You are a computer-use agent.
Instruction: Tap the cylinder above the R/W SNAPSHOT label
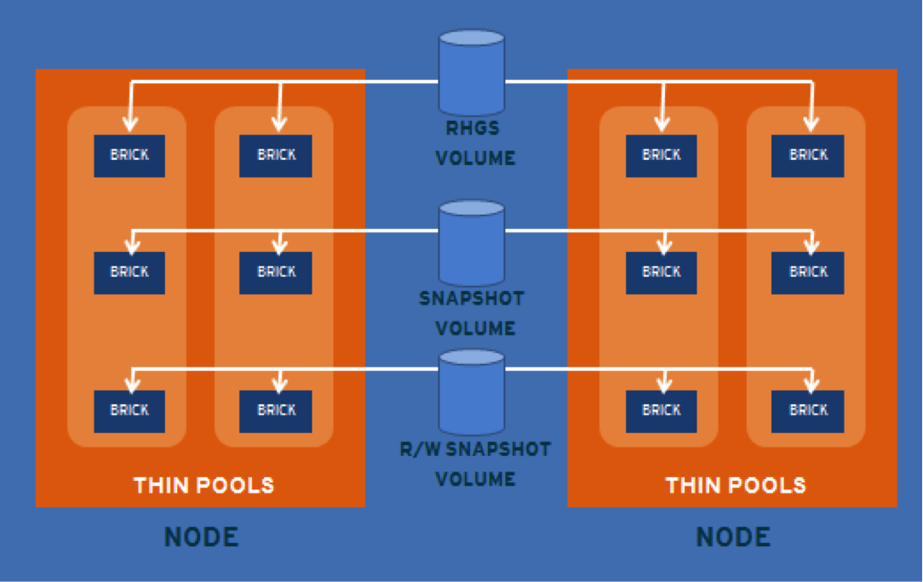pyautogui.click(x=472, y=391)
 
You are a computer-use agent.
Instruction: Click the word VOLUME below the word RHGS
pyautogui.click(x=475, y=158)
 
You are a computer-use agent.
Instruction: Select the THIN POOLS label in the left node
pyautogui.click(x=204, y=486)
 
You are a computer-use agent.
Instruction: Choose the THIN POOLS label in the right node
pyautogui.click(x=736, y=486)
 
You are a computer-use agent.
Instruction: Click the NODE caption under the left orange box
pyautogui.click(x=201, y=537)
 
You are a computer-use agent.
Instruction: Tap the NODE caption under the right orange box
pyautogui.click(x=733, y=537)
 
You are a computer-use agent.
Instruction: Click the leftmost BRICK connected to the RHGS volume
pyautogui.click(x=129, y=156)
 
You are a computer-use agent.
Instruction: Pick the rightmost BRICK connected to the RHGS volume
pyautogui.click(x=808, y=156)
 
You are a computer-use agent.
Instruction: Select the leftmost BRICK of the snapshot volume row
pyautogui.click(x=129, y=272)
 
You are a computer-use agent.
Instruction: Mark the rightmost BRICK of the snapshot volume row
pyautogui.click(x=808, y=272)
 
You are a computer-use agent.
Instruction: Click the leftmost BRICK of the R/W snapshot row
pyautogui.click(x=129, y=411)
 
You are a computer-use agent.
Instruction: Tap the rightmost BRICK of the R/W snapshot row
pyautogui.click(x=808, y=411)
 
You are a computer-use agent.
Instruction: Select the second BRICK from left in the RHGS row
pyautogui.click(x=276, y=156)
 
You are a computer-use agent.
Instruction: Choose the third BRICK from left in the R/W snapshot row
pyautogui.click(x=662, y=411)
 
